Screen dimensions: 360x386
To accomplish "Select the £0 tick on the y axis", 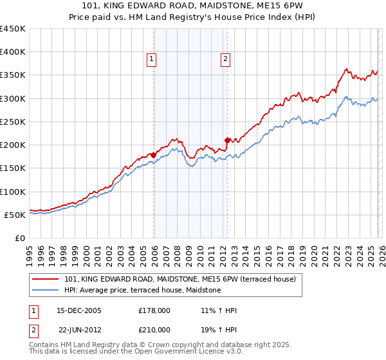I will coord(20,238).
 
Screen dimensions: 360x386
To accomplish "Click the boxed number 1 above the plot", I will coord(151,60).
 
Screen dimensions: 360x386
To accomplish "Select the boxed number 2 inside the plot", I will coord(226,60).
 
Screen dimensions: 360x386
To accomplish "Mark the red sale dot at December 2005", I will coord(154,155).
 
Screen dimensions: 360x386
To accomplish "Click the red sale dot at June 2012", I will coord(227,140).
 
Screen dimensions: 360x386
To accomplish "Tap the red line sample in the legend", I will coord(46,280).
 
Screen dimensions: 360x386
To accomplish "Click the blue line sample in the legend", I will coord(46,291).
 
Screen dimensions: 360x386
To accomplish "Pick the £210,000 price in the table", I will coord(154,329).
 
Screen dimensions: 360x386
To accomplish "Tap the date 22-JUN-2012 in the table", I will coord(80,329).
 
